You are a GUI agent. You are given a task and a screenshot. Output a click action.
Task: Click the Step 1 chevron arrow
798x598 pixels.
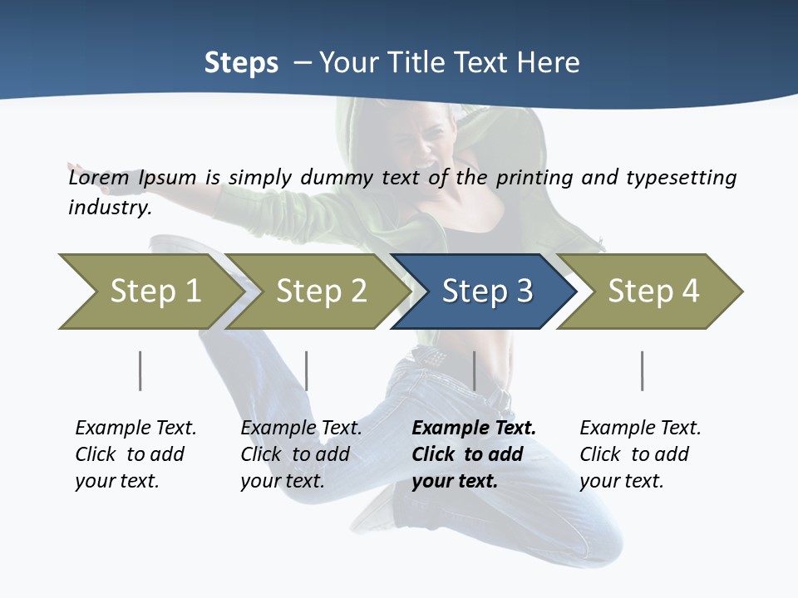pyautogui.click(x=150, y=292)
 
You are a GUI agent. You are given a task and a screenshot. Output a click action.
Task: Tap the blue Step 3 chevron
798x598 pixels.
pyautogui.click(x=486, y=292)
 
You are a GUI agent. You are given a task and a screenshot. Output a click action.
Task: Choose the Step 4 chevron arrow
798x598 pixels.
pyautogui.click(x=653, y=292)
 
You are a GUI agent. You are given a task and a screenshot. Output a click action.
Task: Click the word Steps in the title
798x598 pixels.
pyautogui.click(x=241, y=63)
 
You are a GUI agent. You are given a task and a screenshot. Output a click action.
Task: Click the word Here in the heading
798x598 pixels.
pyautogui.click(x=547, y=63)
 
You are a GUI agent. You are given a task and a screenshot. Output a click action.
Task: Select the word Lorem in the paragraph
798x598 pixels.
pyautogui.click(x=98, y=178)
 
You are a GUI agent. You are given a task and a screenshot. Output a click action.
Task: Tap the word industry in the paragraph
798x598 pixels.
pyautogui.click(x=109, y=208)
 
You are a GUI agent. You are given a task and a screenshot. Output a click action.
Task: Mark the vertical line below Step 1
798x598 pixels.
pyautogui.click(x=140, y=370)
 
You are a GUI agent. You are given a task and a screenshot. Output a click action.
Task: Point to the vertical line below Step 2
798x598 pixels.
pyautogui.click(x=307, y=370)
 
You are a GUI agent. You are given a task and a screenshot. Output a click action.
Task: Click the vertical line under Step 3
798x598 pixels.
pyautogui.click(x=474, y=370)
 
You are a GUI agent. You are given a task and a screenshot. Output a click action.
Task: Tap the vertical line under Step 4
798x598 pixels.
pyautogui.click(x=642, y=370)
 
